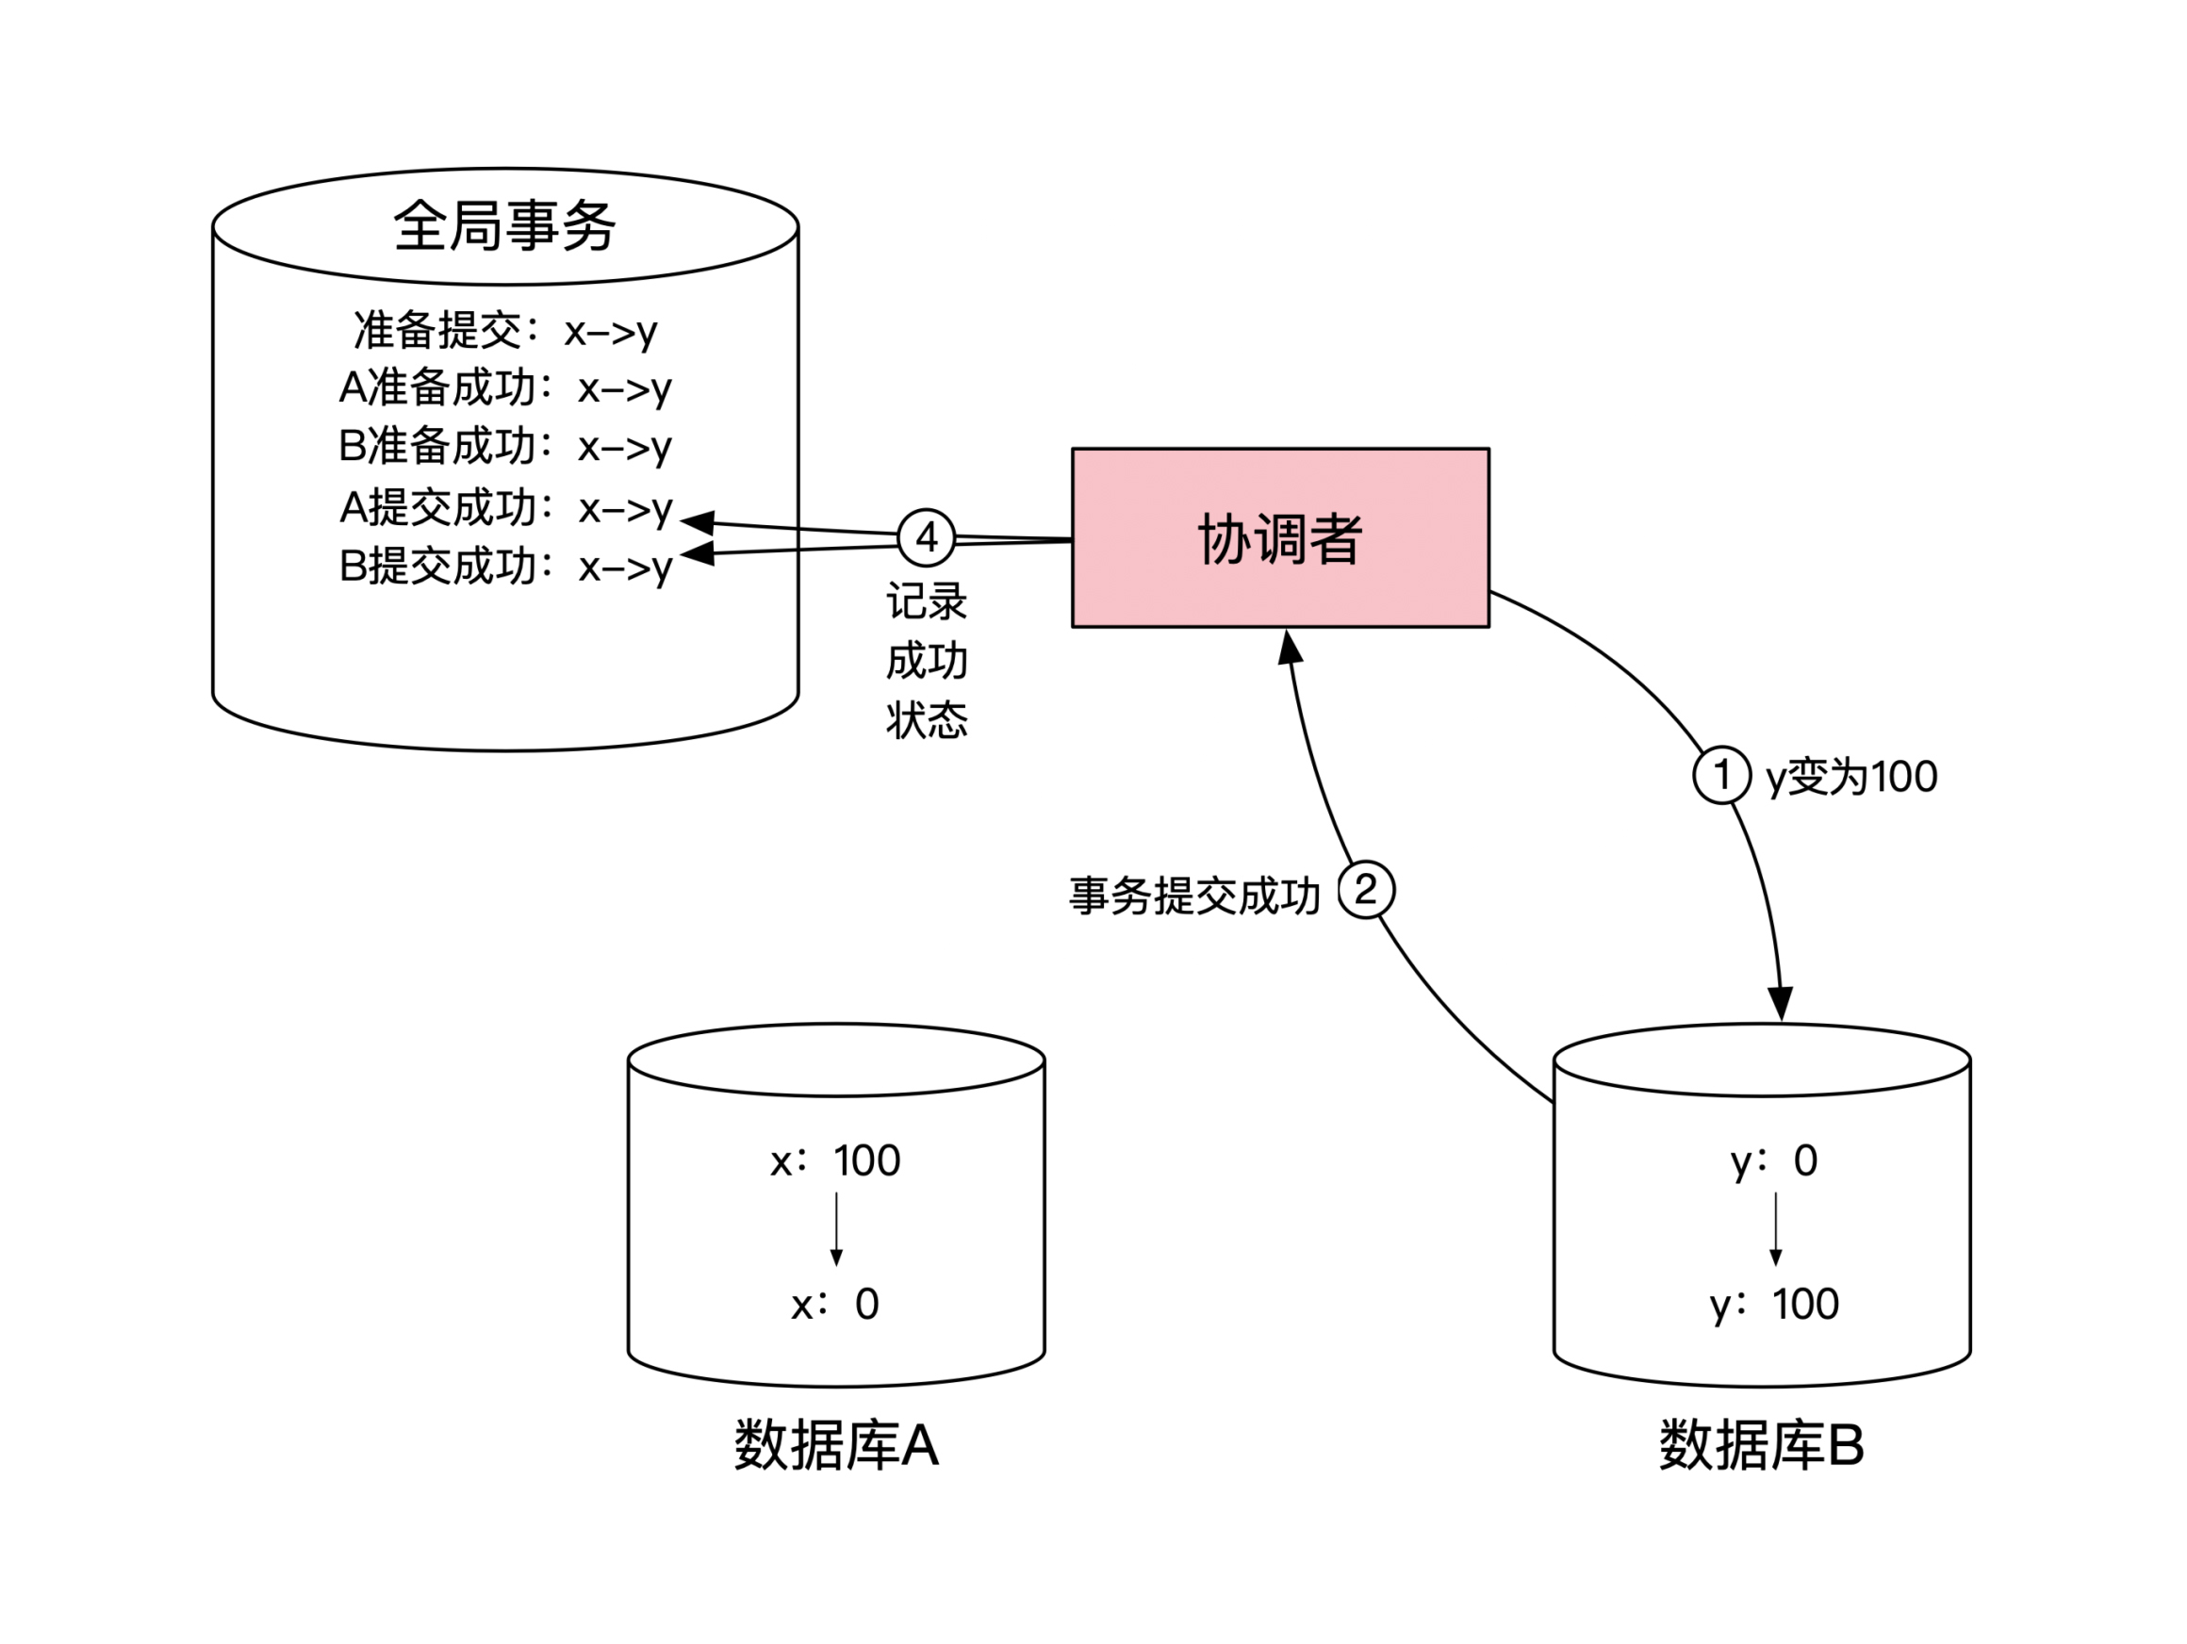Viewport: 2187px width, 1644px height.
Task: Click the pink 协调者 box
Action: point(1279,537)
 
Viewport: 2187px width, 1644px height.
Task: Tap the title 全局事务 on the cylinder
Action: point(504,225)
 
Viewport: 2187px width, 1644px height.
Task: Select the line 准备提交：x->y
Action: point(505,330)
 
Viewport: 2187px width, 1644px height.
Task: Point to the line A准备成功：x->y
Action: point(505,387)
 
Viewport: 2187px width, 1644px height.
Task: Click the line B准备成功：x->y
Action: point(505,446)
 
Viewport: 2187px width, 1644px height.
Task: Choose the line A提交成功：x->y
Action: point(505,507)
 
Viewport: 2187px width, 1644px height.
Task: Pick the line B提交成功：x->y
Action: point(505,567)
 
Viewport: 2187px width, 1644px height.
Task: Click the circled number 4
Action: point(926,537)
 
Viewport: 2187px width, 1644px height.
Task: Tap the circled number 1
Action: point(1721,775)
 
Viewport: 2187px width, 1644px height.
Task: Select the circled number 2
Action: point(1365,891)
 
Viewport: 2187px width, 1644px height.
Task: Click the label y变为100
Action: point(1850,777)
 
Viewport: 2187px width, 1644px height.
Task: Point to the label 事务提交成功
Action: point(1194,896)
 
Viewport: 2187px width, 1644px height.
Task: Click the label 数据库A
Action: point(835,1445)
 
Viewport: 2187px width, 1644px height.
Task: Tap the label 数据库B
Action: point(1761,1445)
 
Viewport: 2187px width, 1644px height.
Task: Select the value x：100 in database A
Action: point(835,1160)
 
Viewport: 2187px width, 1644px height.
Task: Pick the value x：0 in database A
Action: point(835,1305)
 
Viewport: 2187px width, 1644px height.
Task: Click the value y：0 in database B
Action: point(1774,1160)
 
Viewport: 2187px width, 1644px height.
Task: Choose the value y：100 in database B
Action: point(1774,1305)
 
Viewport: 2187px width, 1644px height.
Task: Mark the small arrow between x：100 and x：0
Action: point(836,1230)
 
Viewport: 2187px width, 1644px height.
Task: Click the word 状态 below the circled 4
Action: point(927,719)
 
